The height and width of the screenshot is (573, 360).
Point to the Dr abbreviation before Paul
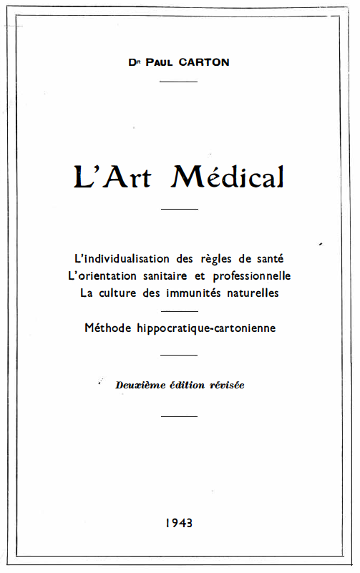pyautogui.click(x=133, y=62)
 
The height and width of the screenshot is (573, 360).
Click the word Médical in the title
pyautogui.click(x=228, y=175)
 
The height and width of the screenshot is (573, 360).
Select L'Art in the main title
pyautogui.click(x=112, y=175)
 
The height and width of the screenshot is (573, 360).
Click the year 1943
pyautogui.click(x=179, y=523)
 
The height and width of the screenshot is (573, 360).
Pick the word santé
pyautogui.click(x=261, y=258)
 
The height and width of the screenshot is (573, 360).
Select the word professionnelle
pyautogui.click(x=250, y=275)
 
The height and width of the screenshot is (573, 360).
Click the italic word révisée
pyautogui.click(x=227, y=385)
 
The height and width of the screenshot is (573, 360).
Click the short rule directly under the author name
pyautogui.click(x=179, y=82)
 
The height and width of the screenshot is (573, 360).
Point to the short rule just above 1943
pyautogui.click(x=179, y=416)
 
